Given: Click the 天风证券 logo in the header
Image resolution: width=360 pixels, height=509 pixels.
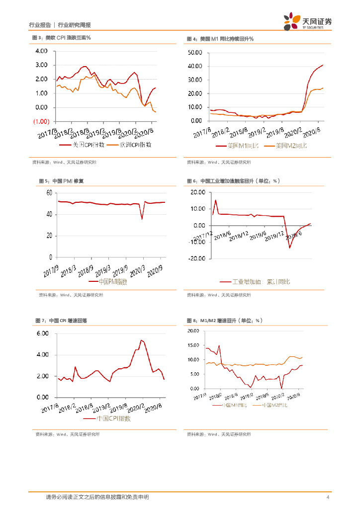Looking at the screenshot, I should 308,21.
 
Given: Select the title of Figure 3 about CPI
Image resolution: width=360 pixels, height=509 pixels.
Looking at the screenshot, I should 61,38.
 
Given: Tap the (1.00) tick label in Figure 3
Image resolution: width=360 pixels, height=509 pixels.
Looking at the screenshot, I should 41,122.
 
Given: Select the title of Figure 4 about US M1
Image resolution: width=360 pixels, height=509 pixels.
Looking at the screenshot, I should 220,38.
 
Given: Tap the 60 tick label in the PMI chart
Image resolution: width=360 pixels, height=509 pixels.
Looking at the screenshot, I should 49,193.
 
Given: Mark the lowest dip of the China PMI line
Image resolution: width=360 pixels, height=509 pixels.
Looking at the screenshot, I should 142,219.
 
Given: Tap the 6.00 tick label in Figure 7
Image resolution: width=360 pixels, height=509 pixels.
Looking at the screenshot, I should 42,334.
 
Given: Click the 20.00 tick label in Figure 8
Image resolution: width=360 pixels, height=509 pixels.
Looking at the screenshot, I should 193,331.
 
